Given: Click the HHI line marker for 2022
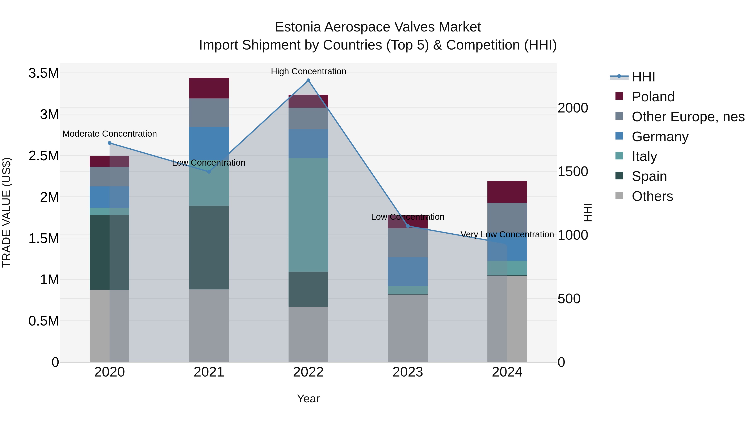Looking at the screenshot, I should coord(308,80).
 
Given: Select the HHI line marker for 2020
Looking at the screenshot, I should coord(109,143).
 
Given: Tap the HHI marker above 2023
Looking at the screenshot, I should coord(408,226).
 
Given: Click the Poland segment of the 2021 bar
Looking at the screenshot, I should coord(209,88).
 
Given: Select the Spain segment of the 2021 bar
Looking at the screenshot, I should coord(209,248).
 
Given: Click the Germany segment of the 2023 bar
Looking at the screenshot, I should coord(408,272).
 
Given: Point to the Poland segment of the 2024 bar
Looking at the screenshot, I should coord(507,192).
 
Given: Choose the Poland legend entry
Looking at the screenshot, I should coord(653,97).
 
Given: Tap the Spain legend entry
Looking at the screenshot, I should coord(649,176).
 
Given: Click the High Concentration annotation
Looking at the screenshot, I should coord(308,71).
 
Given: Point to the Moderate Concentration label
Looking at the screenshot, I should coord(109,134).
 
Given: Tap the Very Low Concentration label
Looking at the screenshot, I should coord(507,234).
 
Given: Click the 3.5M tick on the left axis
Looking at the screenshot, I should coord(44,73).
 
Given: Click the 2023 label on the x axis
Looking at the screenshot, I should coord(408,372).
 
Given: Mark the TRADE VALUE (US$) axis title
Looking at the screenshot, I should coord(7,212).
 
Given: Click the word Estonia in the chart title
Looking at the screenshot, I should coord(298,27).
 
